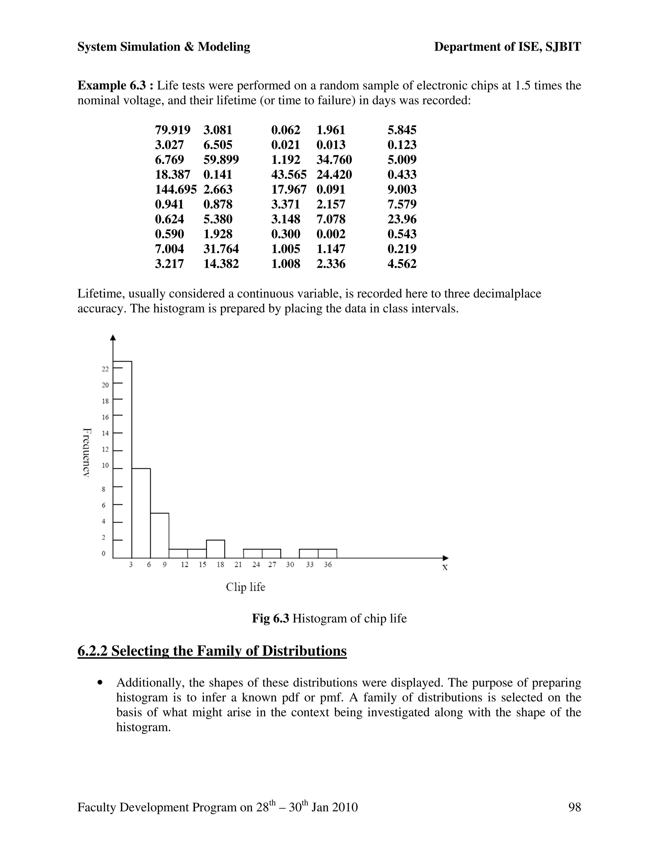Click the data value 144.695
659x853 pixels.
[x=176, y=189]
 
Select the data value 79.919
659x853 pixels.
[x=172, y=130]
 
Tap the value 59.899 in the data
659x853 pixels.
[x=221, y=160]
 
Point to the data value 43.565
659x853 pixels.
[x=289, y=174]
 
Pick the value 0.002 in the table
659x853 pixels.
[x=331, y=234]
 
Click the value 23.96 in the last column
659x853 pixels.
[x=402, y=219]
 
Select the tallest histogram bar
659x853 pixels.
[x=122, y=459]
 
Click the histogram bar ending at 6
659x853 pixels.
[x=141, y=513]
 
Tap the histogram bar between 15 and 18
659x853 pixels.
[x=216, y=549]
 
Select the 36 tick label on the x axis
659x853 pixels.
[x=328, y=565]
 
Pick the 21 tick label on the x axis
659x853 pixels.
[x=238, y=565]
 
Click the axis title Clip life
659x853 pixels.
[x=246, y=587]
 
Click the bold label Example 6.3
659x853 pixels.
[x=116, y=86]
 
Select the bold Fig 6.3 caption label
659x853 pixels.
[x=270, y=619]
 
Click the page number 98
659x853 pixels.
[x=575, y=807]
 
